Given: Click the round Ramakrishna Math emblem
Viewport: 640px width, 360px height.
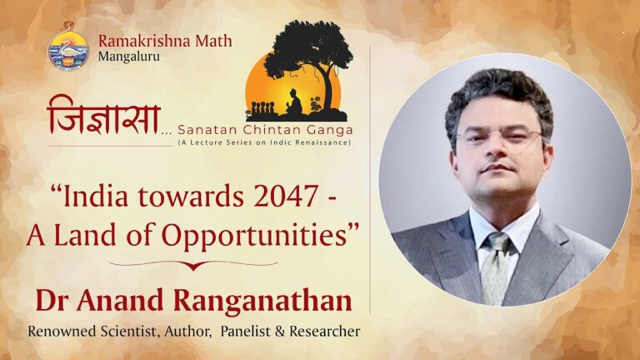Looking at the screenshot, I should pos(68,49).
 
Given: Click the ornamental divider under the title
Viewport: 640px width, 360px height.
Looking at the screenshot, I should pos(193,265).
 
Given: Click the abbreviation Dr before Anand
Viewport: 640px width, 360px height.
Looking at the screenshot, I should pos(48,300).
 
